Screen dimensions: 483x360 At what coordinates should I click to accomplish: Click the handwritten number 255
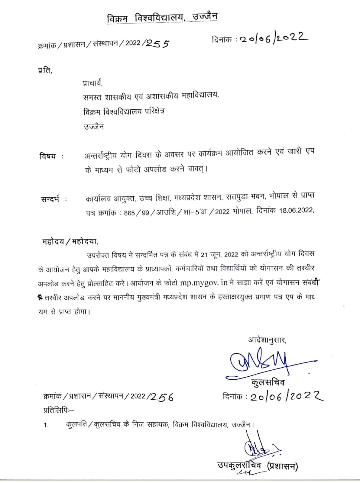tap(157, 44)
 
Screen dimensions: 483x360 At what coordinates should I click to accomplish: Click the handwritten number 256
tap(162, 397)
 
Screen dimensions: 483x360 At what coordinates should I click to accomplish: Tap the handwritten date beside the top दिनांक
tap(274, 38)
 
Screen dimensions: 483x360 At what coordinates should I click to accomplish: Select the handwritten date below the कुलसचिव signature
tap(286, 396)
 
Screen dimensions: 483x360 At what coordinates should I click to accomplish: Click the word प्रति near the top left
tap(45, 71)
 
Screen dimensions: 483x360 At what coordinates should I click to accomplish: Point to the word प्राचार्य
tap(93, 83)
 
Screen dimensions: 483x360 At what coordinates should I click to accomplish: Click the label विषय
tap(48, 156)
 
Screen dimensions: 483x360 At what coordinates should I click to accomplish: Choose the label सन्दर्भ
tap(50, 199)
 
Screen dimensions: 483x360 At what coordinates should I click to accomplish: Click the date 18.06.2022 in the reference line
tap(296, 211)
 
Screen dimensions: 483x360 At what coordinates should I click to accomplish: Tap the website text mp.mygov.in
tap(203, 283)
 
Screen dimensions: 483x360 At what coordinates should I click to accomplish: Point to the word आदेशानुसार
tap(267, 340)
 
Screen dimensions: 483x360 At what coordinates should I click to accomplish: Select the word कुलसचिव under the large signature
tap(268, 382)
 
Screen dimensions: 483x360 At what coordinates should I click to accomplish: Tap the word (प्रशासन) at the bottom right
tap(282, 466)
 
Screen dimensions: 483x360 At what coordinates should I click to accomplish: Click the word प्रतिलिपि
tap(57, 410)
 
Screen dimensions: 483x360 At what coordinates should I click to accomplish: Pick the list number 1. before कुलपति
tap(46, 425)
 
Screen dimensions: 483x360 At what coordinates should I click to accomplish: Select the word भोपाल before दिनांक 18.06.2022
tap(242, 211)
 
